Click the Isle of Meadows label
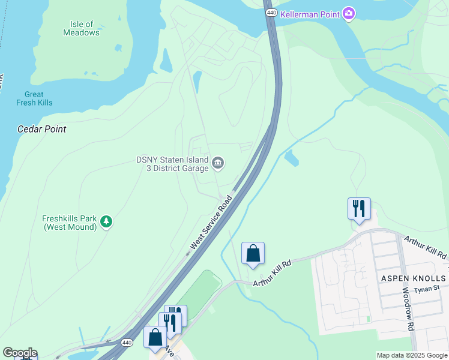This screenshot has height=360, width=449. pos(81,28)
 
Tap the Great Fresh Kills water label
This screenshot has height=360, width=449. pos(34,98)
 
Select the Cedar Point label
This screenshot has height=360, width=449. pos(41,129)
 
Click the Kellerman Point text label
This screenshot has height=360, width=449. pos(310,13)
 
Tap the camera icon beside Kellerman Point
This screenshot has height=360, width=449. pos(349,13)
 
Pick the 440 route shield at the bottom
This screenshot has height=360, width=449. pos(125,343)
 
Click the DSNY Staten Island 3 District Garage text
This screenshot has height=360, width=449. pos(172,164)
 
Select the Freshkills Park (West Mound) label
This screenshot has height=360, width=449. pos(70,223)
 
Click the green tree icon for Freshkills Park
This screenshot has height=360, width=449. pos(106,222)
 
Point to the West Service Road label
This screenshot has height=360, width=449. pos(211,223)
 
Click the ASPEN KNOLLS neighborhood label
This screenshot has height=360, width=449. pos(414,278)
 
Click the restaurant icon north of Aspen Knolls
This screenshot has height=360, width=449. pos(359,208)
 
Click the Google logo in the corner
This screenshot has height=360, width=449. pos(20,353)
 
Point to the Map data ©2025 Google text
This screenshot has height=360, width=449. pos(412,355)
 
